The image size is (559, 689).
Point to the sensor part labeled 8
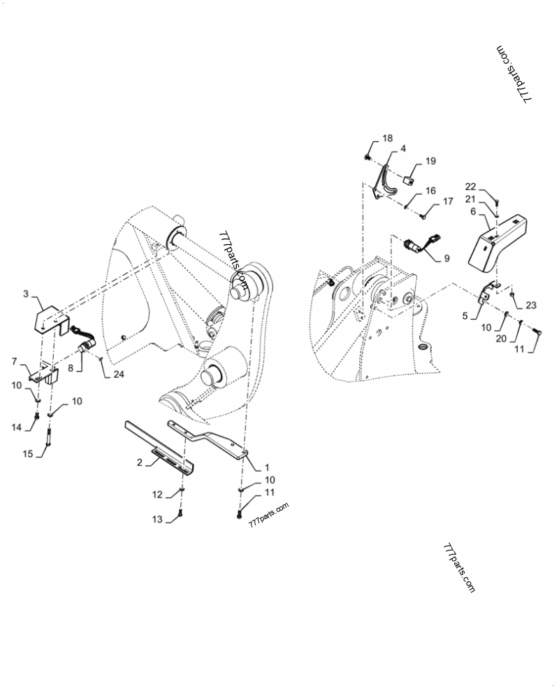88,346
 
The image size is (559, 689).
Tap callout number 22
471,186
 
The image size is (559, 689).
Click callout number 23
532,305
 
